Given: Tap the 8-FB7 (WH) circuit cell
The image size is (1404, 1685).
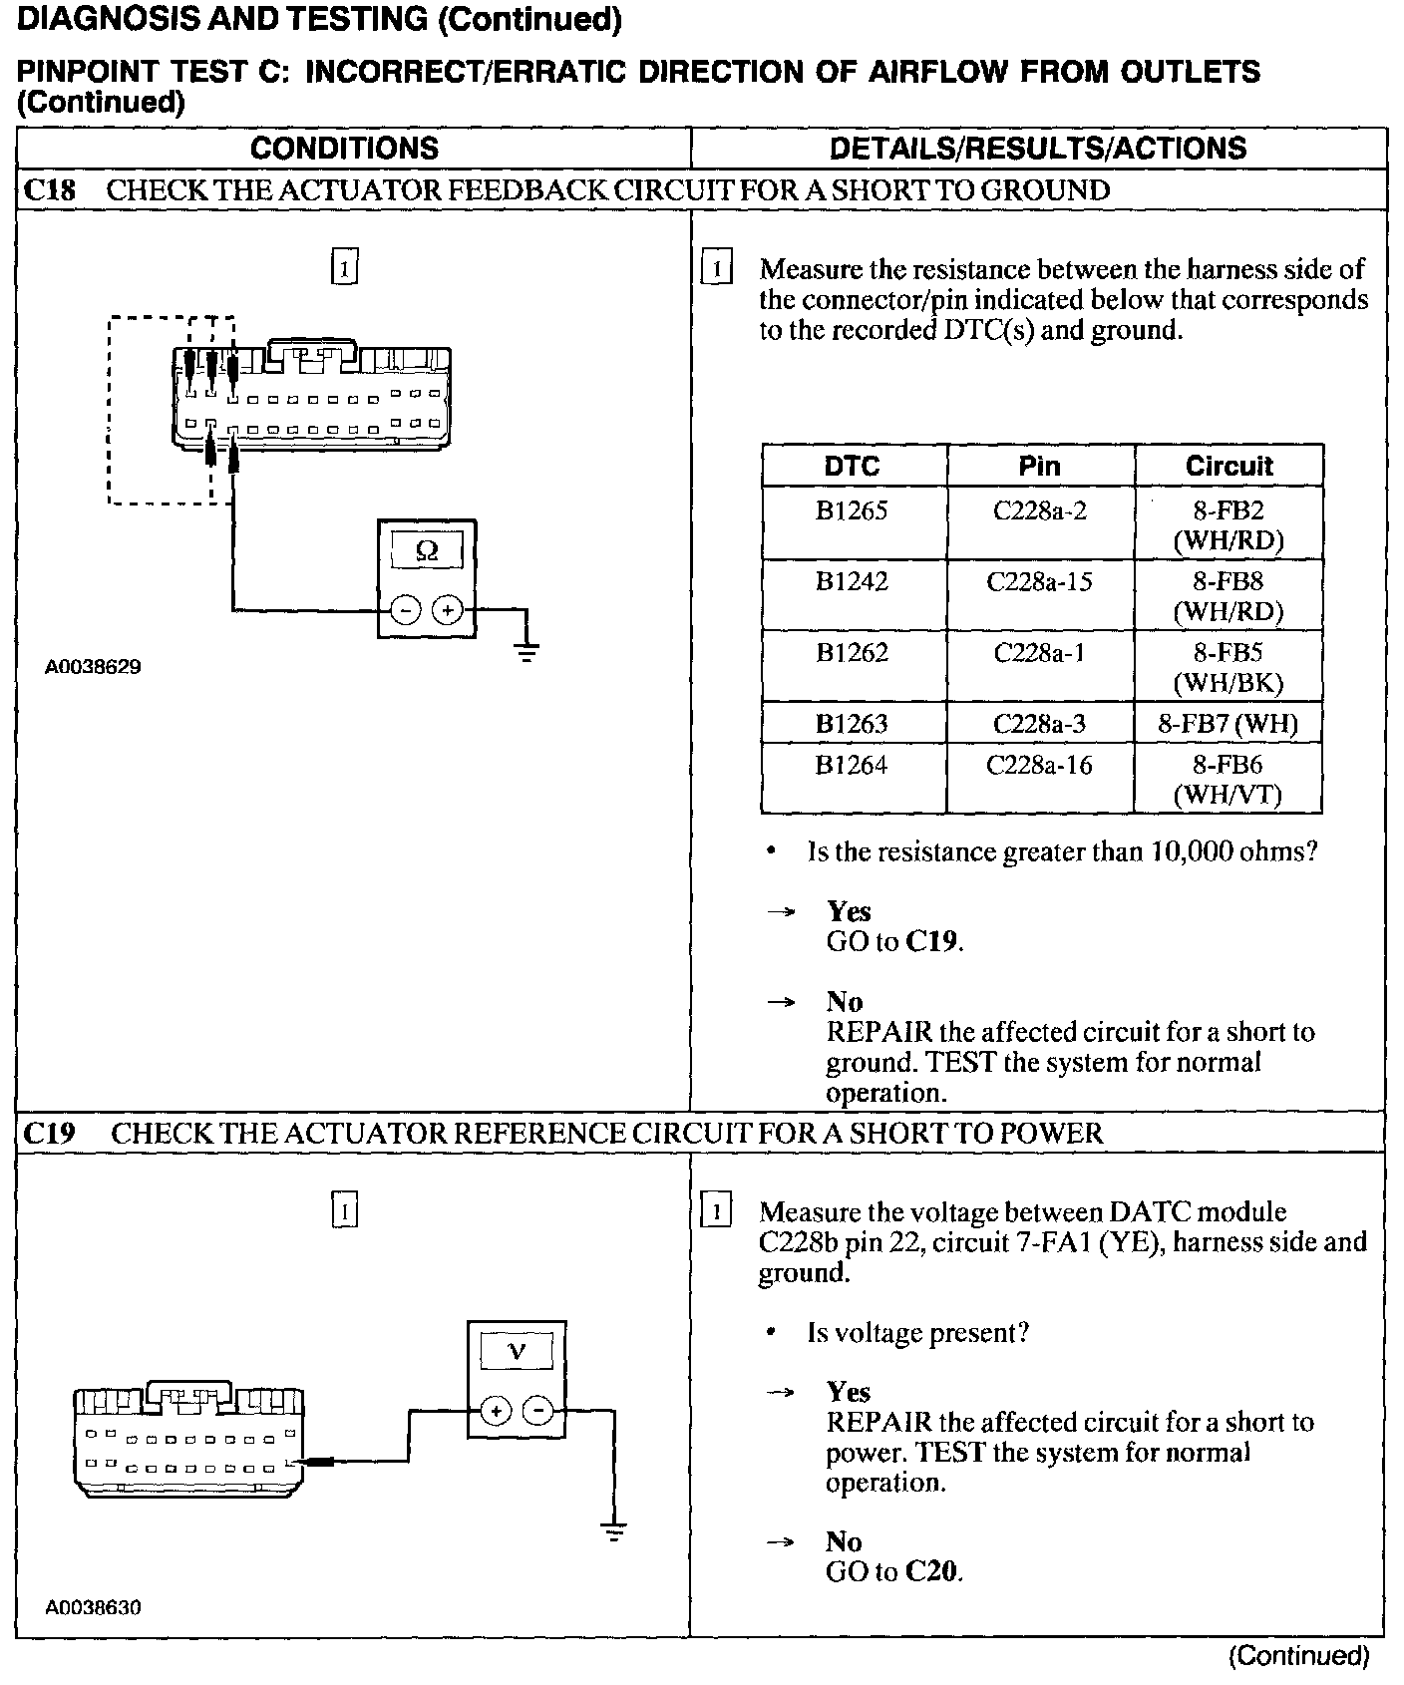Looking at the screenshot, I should tap(1228, 724).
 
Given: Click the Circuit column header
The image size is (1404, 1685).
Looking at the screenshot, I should tap(1228, 466).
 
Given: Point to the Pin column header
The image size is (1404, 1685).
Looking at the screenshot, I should tap(1039, 466).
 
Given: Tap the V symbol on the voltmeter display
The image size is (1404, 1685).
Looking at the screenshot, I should tap(517, 1353).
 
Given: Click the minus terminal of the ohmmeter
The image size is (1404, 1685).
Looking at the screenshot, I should tap(405, 609).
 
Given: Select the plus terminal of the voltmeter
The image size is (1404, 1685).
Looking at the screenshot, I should tap(496, 1410).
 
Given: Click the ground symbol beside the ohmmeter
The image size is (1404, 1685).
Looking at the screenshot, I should tap(527, 651).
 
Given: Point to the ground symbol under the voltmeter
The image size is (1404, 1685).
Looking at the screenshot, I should tap(615, 1531).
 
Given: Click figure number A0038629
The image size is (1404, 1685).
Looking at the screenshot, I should tap(93, 667).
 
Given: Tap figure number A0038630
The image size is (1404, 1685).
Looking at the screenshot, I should tap(93, 1608).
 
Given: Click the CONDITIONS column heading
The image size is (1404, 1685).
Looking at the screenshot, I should tap(344, 149).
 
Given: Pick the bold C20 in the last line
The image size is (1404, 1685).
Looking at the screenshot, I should tap(931, 1572).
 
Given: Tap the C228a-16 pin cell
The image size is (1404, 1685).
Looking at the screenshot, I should tap(1039, 766).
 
